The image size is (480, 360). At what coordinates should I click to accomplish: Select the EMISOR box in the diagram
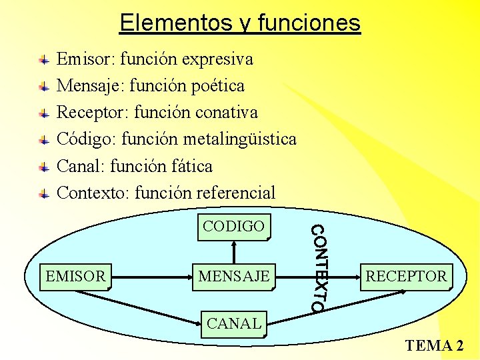[x=75, y=276]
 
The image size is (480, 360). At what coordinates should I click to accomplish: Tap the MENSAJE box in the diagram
[x=233, y=276]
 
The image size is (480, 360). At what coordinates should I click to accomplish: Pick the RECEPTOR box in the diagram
[x=406, y=276]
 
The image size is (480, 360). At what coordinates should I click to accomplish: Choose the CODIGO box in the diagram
[x=233, y=227]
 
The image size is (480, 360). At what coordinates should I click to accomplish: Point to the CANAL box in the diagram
[x=234, y=324]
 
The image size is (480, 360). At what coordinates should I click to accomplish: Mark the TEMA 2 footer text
[x=434, y=345]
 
